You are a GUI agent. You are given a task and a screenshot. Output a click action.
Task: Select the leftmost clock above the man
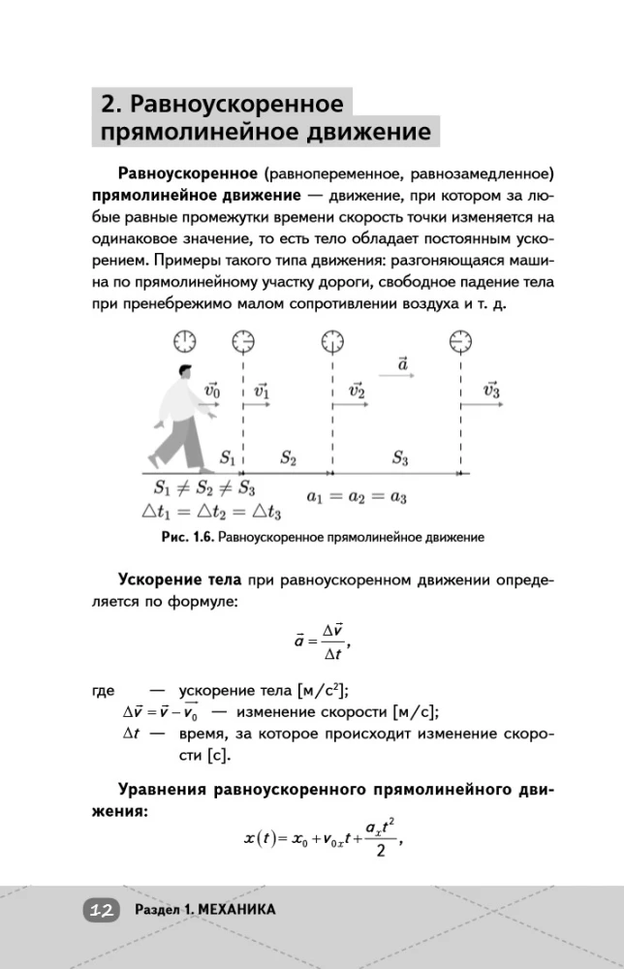[x=184, y=341]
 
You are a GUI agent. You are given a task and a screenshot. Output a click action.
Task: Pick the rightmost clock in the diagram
[x=460, y=341]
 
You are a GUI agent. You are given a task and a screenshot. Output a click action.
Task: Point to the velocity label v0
[x=212, y=391]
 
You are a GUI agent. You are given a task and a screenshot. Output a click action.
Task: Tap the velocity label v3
[x=490, y=391]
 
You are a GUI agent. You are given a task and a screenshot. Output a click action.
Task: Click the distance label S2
[x=288, y=457]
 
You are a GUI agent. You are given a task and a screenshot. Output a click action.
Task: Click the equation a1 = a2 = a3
[x=357, y=496]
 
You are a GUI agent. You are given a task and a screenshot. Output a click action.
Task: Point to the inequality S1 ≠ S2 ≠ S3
[x=203, y=488]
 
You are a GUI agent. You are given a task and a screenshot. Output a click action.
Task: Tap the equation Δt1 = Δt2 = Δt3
[x=210, y=513]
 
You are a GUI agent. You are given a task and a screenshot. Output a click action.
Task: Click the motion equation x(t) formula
[x=321, y=837]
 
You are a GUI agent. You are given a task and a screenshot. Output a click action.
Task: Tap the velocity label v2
[x=356, y=391]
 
